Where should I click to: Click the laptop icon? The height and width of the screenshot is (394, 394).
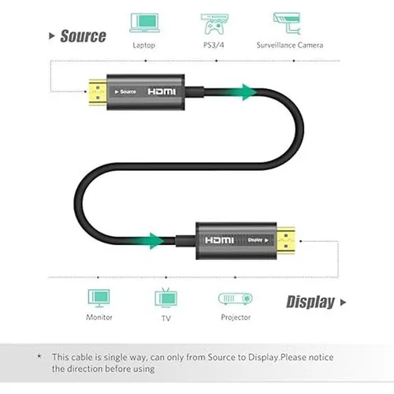coord(144,23)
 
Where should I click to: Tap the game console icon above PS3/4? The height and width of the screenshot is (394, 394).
coord(214,24)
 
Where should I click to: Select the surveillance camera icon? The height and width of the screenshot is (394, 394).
coord(287,24)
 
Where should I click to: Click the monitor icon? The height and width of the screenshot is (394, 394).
coord(98,298)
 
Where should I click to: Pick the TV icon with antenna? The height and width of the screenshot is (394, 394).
coord(166,298)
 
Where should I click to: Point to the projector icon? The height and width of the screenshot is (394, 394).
coord(236,299)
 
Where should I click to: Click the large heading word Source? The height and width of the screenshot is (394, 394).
coord(83,36)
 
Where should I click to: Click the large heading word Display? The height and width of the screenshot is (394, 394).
coord(310,302)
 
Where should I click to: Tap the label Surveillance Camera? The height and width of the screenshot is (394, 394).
coord(290,45)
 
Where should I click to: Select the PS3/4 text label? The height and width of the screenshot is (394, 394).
coord(214,45)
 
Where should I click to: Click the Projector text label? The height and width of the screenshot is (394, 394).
coord(236,318)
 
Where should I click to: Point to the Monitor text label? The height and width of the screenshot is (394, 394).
coord(99,318)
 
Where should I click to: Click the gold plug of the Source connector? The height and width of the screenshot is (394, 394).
coord(98,92)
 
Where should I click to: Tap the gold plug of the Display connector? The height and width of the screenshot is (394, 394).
coord(286,240)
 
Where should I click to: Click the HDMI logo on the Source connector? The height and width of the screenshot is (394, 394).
coord(162,91)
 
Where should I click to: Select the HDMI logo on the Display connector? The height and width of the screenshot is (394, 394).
coord(219,240)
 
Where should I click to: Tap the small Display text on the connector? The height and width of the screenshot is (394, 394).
coord(255,240)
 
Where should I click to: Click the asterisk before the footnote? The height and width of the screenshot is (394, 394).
coord(39,356)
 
